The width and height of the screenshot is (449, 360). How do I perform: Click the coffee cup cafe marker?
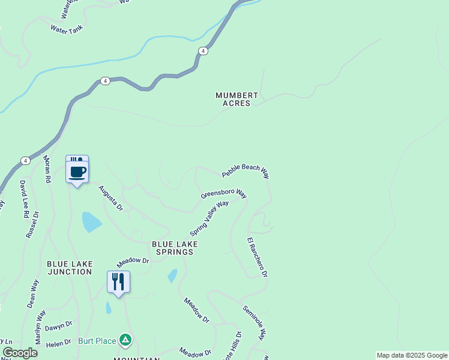click(x=77, y=171)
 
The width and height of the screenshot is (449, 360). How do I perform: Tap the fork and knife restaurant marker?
click(x=118, y=282)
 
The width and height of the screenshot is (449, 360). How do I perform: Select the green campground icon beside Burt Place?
click(x=125, y=341)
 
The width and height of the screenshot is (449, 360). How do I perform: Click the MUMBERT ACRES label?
click(x=237, y=99)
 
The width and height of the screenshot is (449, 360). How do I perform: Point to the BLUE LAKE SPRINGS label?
click(x=175, y=248)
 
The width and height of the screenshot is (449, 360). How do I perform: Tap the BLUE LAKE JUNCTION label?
click(x=70, y=268)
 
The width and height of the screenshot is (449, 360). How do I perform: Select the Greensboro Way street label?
click(x=224, y=194)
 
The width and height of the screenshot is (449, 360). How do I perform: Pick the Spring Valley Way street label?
click(x=209, y=218)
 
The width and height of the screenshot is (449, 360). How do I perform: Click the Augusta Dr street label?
click(x=110, y=198)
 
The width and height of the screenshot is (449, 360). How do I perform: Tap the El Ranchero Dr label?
click(x=257, y=257)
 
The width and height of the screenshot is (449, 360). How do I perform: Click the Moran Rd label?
click(x=47, y=169)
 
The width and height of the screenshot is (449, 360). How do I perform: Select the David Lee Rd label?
click(x=24, y=198)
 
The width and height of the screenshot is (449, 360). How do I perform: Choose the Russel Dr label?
click(x=32, y=224)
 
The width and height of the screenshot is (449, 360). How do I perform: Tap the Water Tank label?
click(x=66, y=29)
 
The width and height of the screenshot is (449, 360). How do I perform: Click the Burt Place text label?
click(x=97, y=341)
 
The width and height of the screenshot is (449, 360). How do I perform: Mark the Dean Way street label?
click(x=32, y=293)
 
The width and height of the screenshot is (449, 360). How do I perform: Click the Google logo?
click(x=20, y=353)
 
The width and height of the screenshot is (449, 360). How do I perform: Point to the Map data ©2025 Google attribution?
click(x=412, y=355)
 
